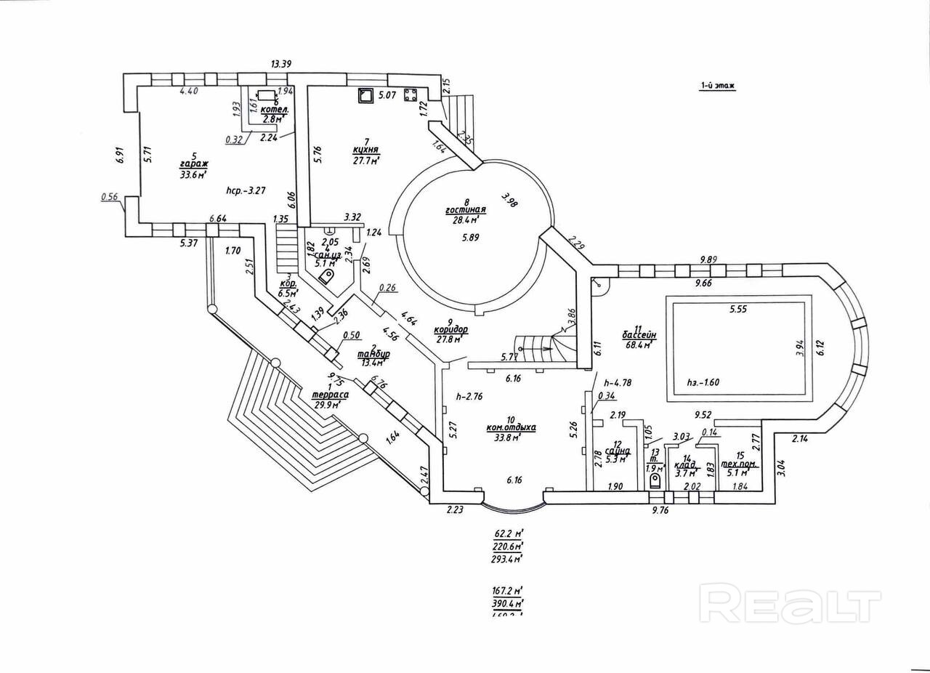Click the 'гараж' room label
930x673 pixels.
[194, 164]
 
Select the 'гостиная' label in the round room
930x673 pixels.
[465, 209]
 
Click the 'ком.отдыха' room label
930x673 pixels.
[511, 427]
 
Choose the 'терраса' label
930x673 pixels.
[329, 395]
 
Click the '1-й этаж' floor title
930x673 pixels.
[717, 85]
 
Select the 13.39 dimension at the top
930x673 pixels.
[280, 65]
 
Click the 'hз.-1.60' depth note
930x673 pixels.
[703, 382]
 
